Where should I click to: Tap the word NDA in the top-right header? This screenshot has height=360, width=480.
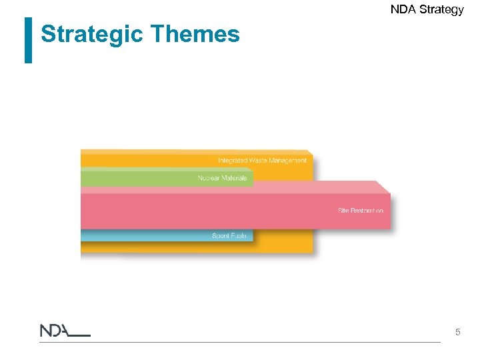(402, 9)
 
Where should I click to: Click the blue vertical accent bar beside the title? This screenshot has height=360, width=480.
(28, 40)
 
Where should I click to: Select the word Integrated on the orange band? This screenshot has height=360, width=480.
(233, 160)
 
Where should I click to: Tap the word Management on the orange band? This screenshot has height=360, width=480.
(288, 160)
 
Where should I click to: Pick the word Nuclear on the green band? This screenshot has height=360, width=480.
(209, 178)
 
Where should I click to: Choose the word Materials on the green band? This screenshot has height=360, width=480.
(235, 178)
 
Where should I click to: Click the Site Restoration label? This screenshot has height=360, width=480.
(360, 211)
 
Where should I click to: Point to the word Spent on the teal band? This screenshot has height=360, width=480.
(221, 236)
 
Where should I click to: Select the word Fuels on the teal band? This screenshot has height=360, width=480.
(239, 236)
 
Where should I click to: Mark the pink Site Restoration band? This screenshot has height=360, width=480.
(200, 211)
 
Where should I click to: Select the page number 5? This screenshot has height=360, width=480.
(457, 331)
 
